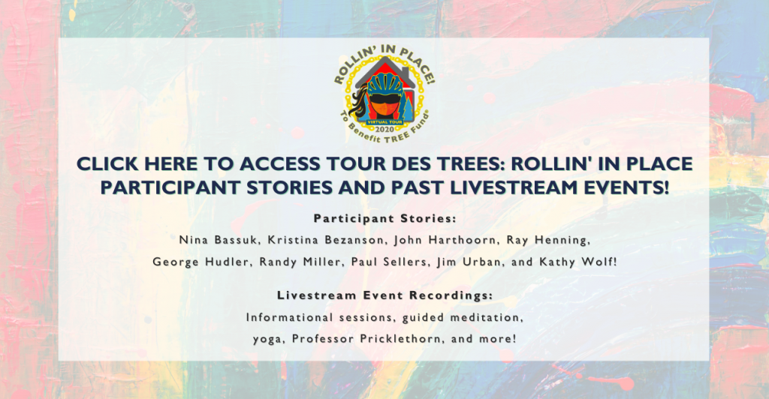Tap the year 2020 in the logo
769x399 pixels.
pos(384,129)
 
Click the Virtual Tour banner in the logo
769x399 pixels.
pos(384,122)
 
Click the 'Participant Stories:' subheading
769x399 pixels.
pos(385,219)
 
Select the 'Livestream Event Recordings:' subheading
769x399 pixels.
pos(385,295)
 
